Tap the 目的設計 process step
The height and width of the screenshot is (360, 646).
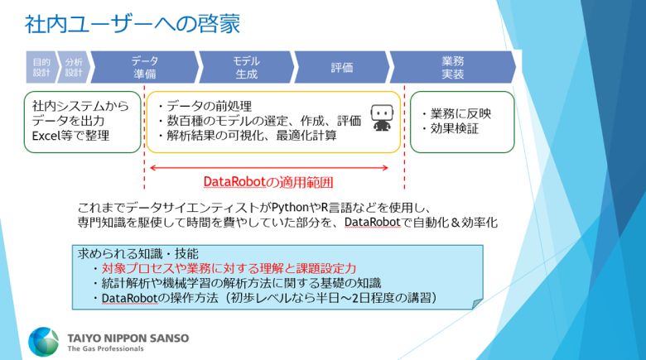[x=41, y=67]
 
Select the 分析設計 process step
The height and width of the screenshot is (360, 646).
[x=73, y=67]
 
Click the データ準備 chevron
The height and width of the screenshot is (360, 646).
[x=145, y=67]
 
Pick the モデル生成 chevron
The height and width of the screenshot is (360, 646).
[x=246, y=67]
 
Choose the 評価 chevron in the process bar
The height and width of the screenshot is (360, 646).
[x=341, y=67]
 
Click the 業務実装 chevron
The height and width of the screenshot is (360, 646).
[x=452, y=67]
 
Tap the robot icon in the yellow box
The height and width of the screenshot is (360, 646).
[x=381, y=118]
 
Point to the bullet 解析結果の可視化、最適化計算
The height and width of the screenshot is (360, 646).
[x=246, y=135]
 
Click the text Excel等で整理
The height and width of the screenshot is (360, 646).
[x=70, y=136]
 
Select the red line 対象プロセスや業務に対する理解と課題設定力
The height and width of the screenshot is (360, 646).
[x=224, y=268]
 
